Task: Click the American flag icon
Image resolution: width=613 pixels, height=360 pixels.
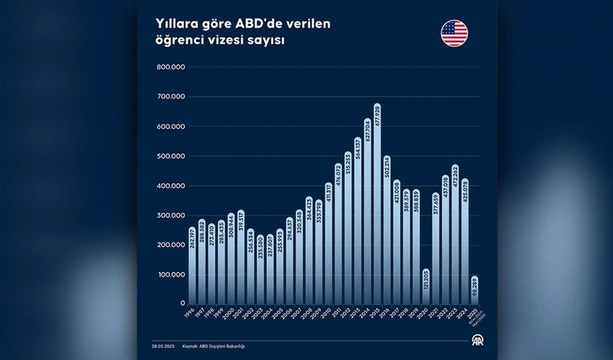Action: (454, 34)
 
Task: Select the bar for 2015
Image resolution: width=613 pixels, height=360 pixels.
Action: (377, 206)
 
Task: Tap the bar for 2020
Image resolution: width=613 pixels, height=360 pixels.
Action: (426, 287)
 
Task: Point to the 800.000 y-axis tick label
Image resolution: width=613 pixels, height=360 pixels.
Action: (170, 67)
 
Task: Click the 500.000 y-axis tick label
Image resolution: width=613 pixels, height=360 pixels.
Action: (170, 156)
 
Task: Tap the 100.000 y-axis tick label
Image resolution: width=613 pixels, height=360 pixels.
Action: (170, 275)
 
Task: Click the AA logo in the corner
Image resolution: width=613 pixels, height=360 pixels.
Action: (477, 340)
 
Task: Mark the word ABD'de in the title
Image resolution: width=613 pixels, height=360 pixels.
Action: (252, 24)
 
